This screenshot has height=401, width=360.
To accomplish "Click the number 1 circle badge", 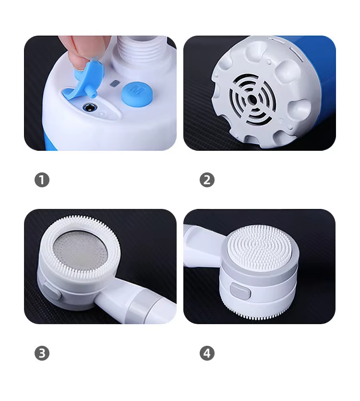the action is point(42,180).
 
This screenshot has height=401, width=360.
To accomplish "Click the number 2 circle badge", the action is point(207,180).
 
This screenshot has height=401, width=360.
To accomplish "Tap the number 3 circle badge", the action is point(42,353).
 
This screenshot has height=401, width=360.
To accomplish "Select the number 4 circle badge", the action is point(207,353).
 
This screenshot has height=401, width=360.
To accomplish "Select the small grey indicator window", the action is point(115,83).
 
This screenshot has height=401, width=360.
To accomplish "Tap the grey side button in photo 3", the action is point(52,290).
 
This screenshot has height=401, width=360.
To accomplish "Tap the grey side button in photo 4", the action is point(240,292).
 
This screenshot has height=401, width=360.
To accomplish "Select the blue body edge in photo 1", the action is point(49,140).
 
